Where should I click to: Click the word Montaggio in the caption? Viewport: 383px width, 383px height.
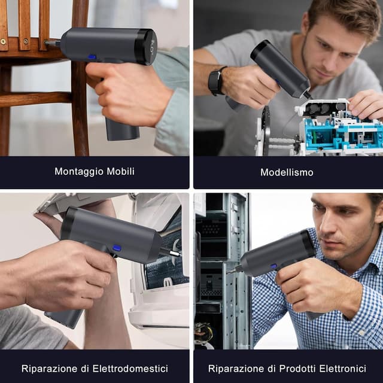[x=78, y=172]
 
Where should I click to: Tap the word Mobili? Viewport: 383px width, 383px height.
[x=121, y=171]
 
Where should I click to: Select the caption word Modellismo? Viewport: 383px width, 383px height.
[x=287, y=172]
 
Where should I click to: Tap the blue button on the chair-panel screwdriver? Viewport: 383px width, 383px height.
[x=92, y=57]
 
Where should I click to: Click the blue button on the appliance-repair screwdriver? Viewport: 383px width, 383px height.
[x=117, y=248]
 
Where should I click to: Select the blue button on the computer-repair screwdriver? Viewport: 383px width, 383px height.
[x=274, y=266]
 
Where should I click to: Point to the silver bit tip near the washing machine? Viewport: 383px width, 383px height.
[x=175, y=253]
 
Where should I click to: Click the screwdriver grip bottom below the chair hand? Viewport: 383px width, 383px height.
[x=123, y=132]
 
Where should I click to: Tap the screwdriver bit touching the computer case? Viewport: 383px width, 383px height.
[x=232, y=270]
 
